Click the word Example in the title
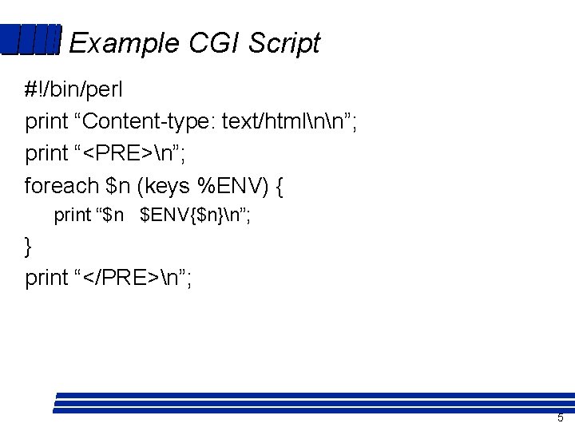(x=124, y=43)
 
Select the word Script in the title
(x=284, y=43)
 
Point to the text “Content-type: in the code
(x=145, y=122)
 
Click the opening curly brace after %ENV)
(x=278, y=187)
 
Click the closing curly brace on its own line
(x=30, y=247)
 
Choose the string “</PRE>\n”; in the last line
(x=133, y=278)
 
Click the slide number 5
(x=560, y=418)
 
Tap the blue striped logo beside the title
(x=30, y=40)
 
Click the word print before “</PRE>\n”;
(x=46, y=279)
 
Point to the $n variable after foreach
(x=117, y=186)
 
